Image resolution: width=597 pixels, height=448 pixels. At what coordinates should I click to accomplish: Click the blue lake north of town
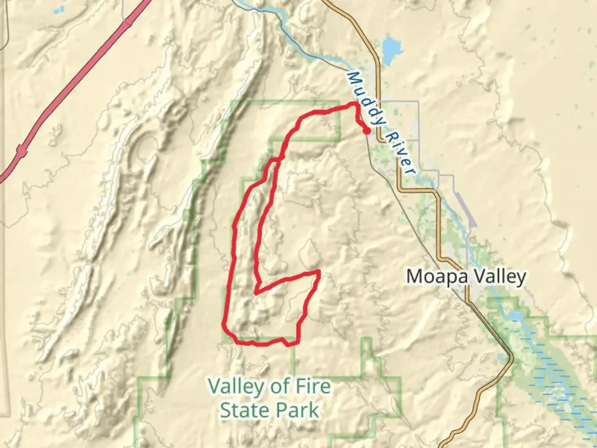click(389, 49)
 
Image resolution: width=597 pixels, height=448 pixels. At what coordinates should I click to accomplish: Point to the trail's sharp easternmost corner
click(318, 272)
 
